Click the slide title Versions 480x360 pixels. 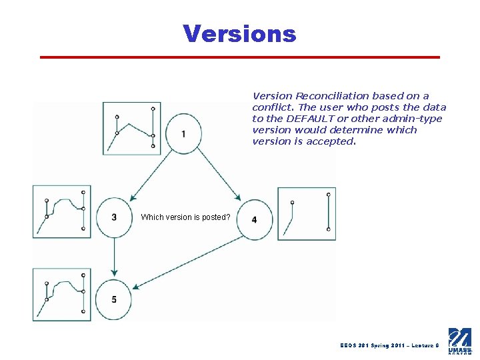239,33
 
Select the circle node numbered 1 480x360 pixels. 184,134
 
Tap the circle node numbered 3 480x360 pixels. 115,217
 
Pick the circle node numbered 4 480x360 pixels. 254,219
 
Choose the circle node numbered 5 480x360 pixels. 115,300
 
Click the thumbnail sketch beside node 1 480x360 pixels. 132,129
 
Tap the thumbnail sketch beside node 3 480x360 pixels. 62,211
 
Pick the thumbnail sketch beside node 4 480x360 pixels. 306,213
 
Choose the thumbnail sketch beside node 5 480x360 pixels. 62,295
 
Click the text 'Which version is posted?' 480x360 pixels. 186,217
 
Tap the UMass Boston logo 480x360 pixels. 460,340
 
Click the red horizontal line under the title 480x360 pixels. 240,57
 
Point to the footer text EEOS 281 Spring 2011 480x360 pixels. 373,345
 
